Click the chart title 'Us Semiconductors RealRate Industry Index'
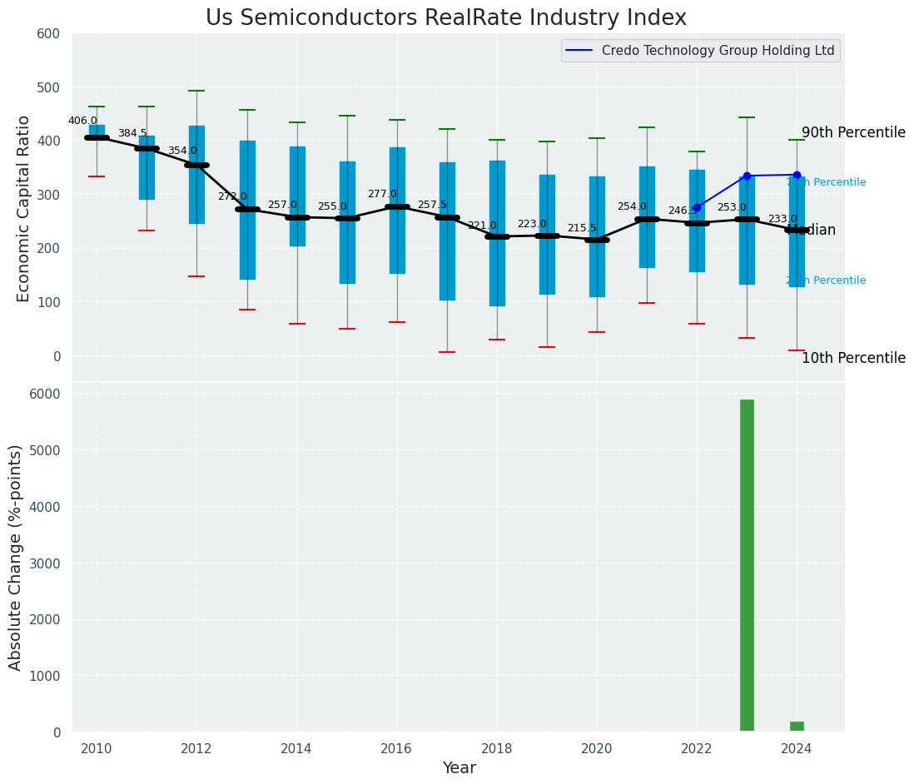pos(446,18)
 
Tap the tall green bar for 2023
pos(747,565)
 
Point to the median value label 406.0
pos(82,121)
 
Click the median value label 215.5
pos(582,228)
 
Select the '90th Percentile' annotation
pos(853,132)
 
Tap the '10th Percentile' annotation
pos(853,358)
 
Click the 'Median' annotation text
pos(812,231)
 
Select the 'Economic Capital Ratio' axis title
pos(24,208)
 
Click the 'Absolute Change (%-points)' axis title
pos(16,557)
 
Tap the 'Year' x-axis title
pos(459,768)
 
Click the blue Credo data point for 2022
pos(697,208)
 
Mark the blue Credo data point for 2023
pos(747,176)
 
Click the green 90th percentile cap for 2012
pos(196,91)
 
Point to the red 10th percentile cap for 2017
pos(447,352)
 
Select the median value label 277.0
pos(382,194)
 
